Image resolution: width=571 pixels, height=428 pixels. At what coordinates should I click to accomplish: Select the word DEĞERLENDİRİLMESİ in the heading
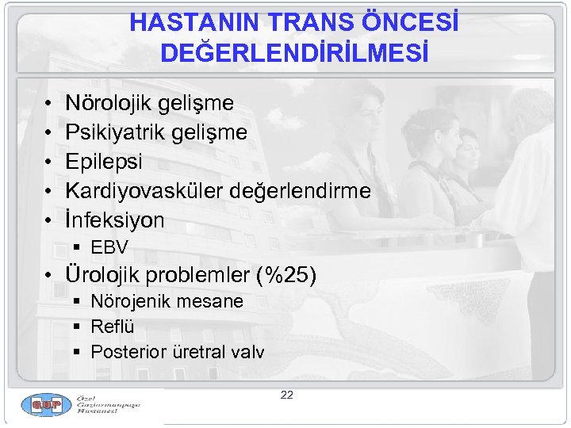coord(294,53)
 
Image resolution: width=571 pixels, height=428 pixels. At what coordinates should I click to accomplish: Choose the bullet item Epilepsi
coord(104,162)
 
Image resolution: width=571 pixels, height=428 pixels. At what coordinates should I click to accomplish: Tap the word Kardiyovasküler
coord(143,191)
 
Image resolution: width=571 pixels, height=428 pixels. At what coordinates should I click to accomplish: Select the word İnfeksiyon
coord(115,220)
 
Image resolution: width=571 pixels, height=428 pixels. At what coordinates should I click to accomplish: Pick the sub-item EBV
coord(109,247)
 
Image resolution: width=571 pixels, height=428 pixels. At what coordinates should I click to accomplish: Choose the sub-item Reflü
coord(113,327)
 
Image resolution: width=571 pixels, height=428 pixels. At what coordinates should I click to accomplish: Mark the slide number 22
coord(286,395)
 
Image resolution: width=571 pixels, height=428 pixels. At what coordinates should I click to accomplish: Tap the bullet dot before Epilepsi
coord(48,162)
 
